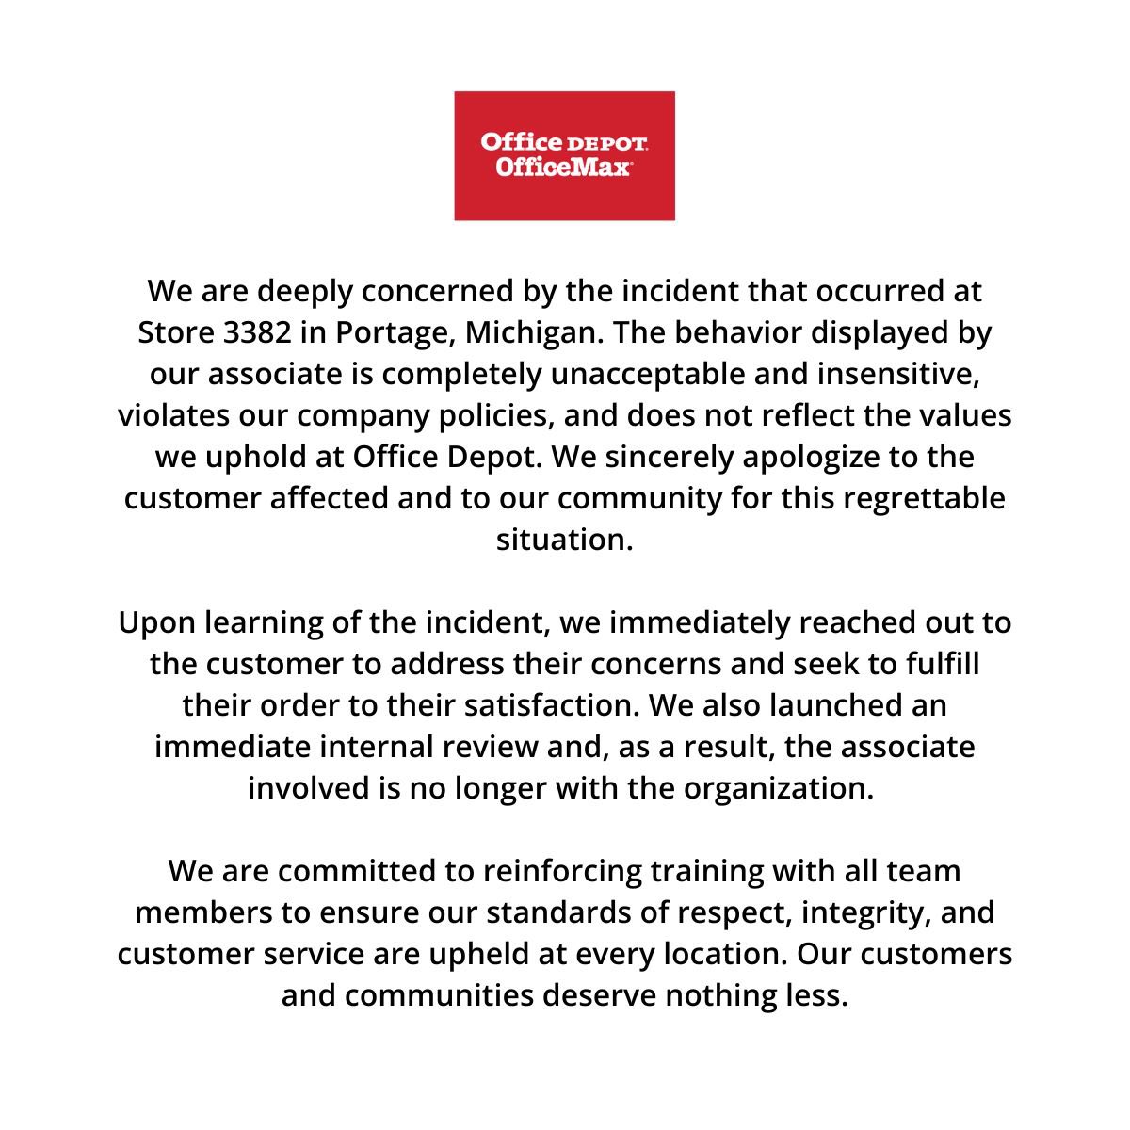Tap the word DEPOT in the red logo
click(x=607, y=143)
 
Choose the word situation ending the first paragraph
click(x=563, y=541)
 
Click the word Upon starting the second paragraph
click(x=155, y=623)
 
